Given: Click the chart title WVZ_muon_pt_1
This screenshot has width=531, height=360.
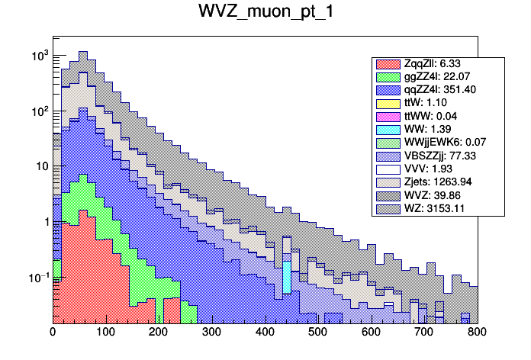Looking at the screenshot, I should click(265, 14).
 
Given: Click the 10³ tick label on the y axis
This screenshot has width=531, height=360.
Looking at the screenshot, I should click(39, 56).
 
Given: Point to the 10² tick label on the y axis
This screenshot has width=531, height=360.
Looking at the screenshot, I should click(39, 111).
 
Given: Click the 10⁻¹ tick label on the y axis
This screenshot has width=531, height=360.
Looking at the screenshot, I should click(37, 277).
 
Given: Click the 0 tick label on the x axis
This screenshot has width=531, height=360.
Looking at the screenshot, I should click(53, 333).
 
